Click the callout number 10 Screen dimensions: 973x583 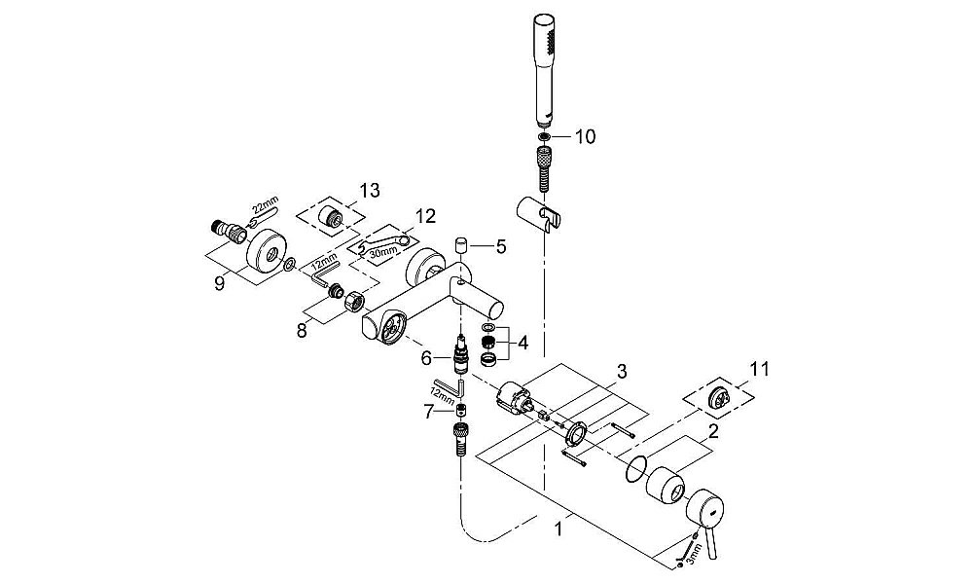point(585,136)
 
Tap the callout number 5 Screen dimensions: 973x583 point(501,246)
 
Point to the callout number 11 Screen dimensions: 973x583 point(760,370)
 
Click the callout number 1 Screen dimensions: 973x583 point(559,529)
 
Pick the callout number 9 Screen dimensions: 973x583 point(219,284)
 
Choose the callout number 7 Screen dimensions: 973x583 point(429,412)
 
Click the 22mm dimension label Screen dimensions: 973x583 point(265,206)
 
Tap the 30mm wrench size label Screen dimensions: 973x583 point(382,251)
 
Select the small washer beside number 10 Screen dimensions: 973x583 point(544,136)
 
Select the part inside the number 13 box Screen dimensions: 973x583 point(328,217)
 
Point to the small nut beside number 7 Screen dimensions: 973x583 point(460,411)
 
